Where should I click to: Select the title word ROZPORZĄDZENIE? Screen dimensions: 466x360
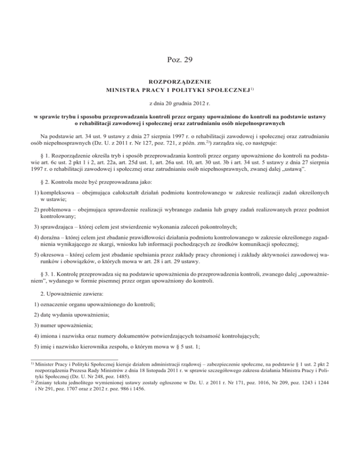coord(180,80)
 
